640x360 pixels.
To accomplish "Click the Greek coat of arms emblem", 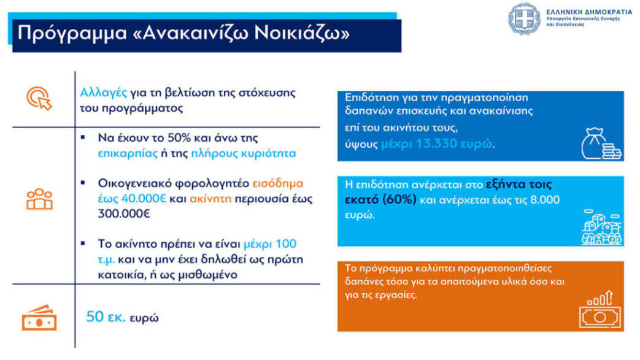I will coord(524,18).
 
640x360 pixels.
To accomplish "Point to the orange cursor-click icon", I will coord(39,98).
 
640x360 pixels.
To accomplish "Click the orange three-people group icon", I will coord(39,199).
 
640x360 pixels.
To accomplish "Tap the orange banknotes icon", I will coord(39,317).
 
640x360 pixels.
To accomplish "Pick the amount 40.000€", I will coord(139,199).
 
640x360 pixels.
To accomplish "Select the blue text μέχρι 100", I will coord(270,243).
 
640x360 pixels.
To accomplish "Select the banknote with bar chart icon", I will coord(601,310).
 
